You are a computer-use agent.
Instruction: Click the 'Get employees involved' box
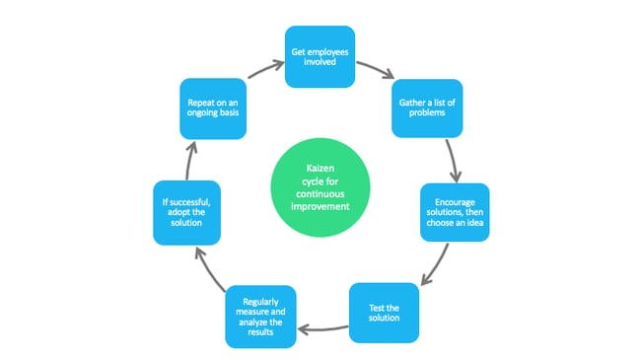[x=320, y=56]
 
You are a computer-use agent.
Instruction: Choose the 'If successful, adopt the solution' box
[x=185, y=211]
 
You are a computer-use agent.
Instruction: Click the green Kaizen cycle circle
[x=320, y=187]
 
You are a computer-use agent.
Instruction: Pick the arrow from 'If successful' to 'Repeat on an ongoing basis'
[x=190, y=158]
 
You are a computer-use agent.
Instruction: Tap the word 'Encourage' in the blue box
[x=454, y=200]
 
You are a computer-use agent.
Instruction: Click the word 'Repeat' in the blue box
[x=198, y=101]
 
